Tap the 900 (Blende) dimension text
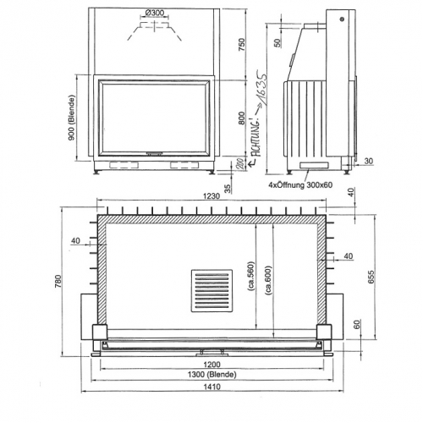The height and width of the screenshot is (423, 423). point(74,121)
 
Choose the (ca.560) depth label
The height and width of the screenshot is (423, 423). point(251,274)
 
